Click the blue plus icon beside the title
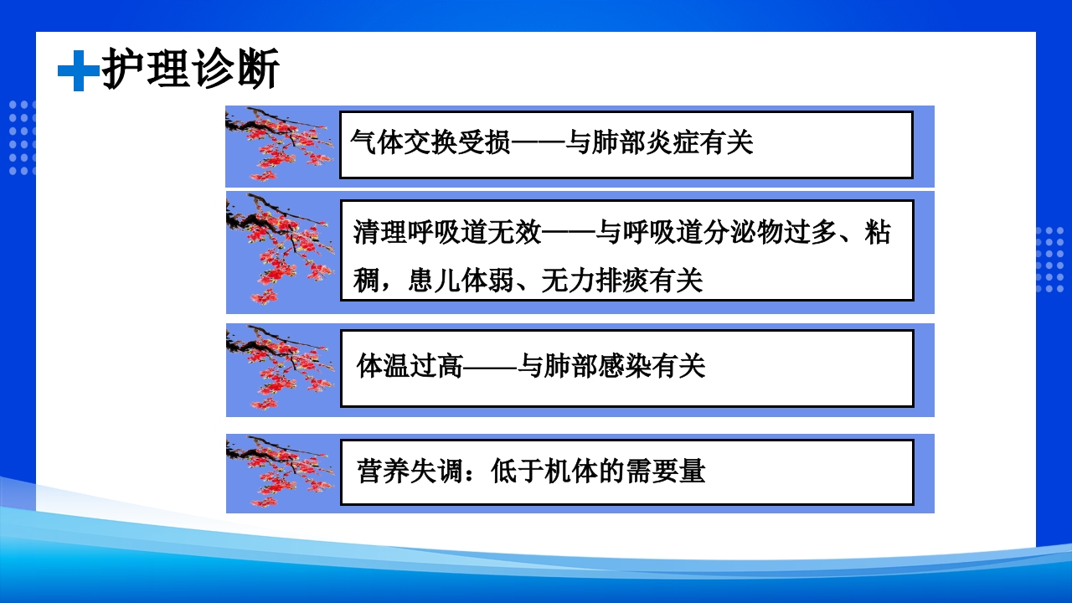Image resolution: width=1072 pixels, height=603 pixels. click(x=78, y=71)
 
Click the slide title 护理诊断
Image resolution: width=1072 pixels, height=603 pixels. click(x=190, y=70)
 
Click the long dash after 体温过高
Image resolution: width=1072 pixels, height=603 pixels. click(x=490, y=366)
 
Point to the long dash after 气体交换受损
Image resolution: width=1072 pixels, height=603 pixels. click(x=537, y=143)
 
